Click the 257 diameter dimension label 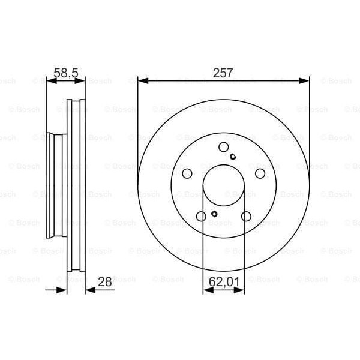click(223, 73)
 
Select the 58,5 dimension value click(65, 73)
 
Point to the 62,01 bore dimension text click(223, 280)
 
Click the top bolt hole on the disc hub click(223, 148)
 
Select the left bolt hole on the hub click(187, 173)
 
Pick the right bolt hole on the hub click(260, 173)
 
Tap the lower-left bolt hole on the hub click(201, 216)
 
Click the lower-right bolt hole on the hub click(246, 216)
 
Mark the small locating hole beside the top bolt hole click(233, 158)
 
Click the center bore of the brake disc click(223, 186)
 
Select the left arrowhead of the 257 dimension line click(142, 80)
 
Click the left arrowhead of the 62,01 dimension click(207, 290)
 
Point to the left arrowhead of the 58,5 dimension click(50, 80)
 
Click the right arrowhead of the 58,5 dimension click(82, 80)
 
